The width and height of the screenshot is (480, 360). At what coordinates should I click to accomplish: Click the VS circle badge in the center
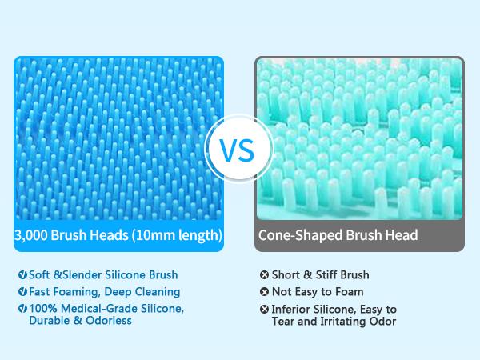[238, 149]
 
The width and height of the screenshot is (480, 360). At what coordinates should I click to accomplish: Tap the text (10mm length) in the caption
[177, 235]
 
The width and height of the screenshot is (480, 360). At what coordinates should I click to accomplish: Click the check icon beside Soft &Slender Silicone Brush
[22, 274]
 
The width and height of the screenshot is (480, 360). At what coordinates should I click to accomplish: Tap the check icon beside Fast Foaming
[22, 291]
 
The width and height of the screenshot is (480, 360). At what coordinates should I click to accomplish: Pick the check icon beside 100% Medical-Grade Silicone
[22, 308]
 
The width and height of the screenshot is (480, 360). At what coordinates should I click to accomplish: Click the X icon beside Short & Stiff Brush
[264, 274]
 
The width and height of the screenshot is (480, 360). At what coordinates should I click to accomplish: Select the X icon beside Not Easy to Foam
[264, 291]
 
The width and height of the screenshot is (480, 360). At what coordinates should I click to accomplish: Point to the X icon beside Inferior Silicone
[264, 309]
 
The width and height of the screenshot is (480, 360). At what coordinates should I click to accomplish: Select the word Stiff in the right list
[326, 274]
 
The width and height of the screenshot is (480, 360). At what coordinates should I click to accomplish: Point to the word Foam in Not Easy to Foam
[350, 292]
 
